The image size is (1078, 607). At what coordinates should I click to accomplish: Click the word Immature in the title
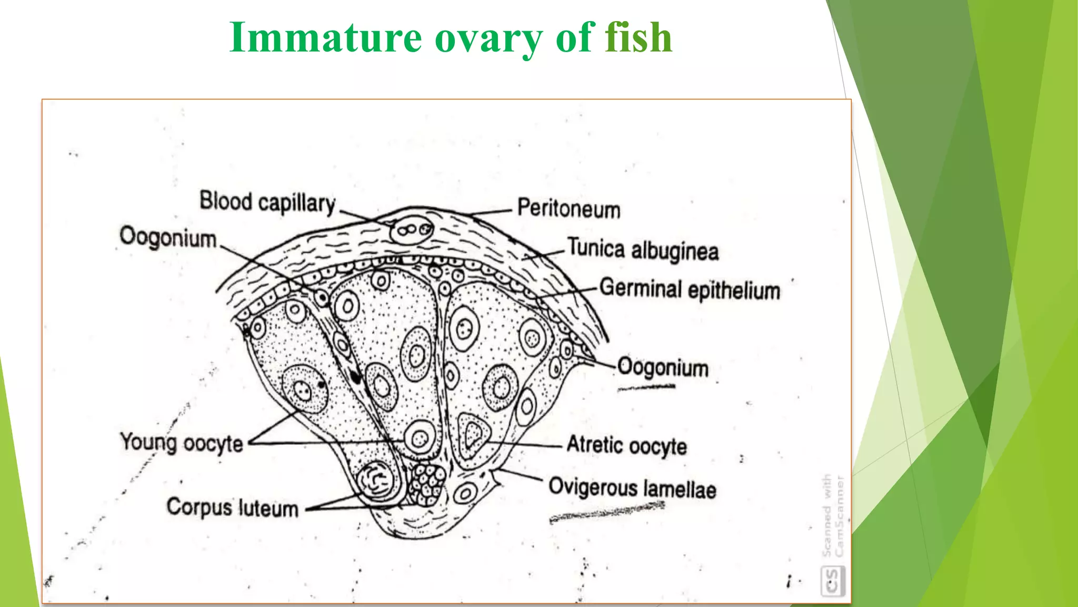point(325,37)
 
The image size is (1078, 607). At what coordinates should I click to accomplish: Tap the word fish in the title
point(638,37)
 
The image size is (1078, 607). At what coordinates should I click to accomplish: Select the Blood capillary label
point(267,203)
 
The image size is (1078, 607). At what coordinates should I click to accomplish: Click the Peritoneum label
point(568,209)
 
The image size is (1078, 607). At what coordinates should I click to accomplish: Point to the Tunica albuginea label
point(643,249)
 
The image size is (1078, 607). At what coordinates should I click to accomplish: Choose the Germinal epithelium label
point(690,290)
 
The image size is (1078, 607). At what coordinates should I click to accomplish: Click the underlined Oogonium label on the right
point(663,367)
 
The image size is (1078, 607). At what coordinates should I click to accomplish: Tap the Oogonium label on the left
point(168,237)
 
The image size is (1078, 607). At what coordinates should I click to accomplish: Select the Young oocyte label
point(182,443)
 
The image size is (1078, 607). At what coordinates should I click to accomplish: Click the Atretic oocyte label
point(626,446)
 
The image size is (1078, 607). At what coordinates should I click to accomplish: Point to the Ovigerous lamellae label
point(632,488)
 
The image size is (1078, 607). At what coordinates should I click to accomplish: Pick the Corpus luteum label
point(232,508)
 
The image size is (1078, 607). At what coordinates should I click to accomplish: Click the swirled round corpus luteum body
point(375,480)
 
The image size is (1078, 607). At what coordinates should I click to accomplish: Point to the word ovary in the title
point(488,37)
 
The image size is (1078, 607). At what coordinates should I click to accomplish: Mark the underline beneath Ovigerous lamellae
point(606,512)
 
